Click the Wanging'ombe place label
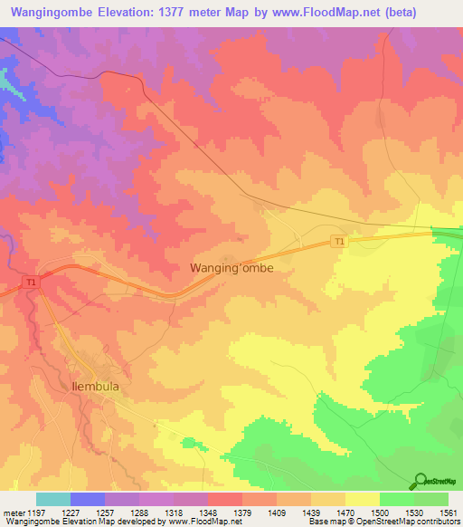[231, 268]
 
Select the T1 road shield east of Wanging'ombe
[338, 241]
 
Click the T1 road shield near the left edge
[32, 283]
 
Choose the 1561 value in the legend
[449, 512]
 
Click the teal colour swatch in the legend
[53, 499]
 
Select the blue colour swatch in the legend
[88, 499]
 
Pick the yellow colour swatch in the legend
[362, 499]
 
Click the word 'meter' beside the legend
[12, 512]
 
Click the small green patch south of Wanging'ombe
[189, 443]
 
